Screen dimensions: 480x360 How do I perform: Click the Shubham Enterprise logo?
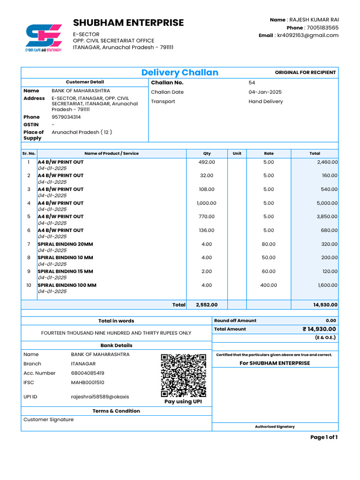point(43,37)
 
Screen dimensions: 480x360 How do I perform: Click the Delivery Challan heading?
point(180,72)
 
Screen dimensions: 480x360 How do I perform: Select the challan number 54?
point(252,82)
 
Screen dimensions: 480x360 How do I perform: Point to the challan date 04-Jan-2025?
point(265,92)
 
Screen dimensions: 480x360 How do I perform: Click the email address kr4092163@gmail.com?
point(307,35)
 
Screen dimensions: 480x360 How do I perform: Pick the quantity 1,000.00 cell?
point(207,203)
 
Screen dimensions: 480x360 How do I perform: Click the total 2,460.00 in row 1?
point(327,162)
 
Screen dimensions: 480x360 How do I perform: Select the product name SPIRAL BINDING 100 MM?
point(67,285)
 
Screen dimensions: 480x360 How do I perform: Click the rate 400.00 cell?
point(269,285)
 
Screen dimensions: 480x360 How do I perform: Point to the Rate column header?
point(269,153)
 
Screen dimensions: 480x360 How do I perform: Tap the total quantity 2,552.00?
point(207,305)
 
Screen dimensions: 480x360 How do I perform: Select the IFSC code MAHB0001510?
point(88,382)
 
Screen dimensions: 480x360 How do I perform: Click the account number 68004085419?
point(88,373)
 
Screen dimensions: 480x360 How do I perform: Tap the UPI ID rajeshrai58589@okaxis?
point(100,397)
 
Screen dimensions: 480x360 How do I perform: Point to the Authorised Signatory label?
point(275,427)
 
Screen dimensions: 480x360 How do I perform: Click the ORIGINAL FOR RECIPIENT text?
point(305,72)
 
